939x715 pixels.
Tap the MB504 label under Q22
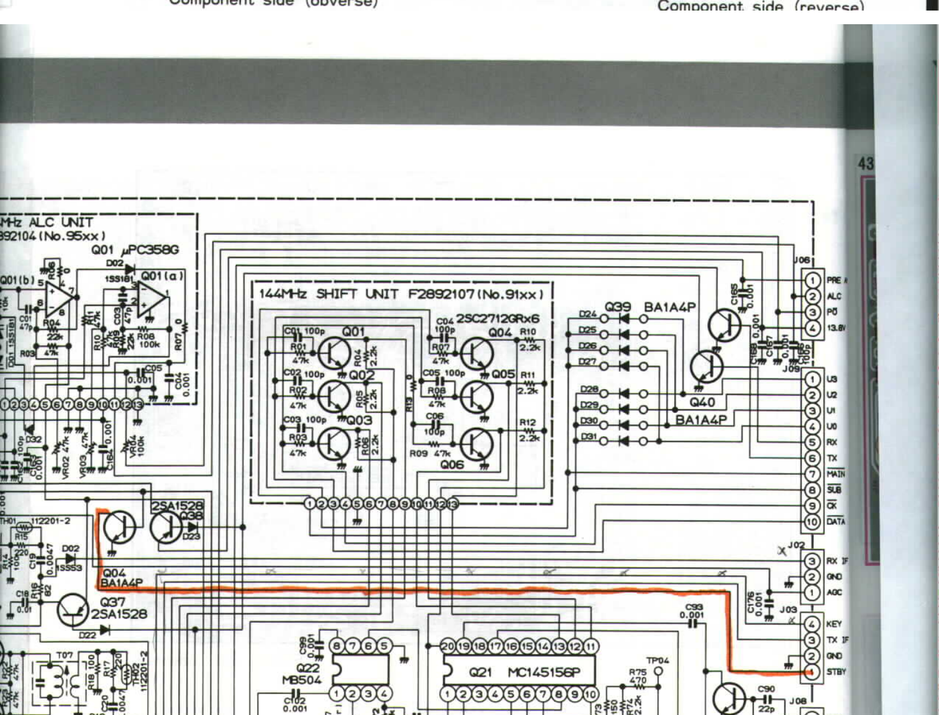pyautogui.click(x=302, y=680)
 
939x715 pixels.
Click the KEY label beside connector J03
pyautogui.click(x=833, y=624)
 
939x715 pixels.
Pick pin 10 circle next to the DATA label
pyautogui.click(x=812, y=521)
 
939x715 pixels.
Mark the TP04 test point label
pyautogui.click(x=657, y=660)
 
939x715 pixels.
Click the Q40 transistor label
pyautogui.click(x=702, y=402)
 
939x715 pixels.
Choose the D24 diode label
pyautogui.click(x=587, y=314)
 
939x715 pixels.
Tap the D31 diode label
pyautogui.click(x=588, y=438)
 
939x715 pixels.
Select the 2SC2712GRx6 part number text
pyautogui.click(x=497, y=318)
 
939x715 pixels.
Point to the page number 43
pyautogui.click(x=865, y=163)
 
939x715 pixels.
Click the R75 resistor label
pyautogui.click(x=638, y=672)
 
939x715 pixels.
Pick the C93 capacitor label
pyautogui.click(x=694, y=607)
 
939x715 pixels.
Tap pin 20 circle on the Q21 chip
pyautogui.click(x=448, y=646)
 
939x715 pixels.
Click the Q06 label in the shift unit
pyautogui.click(x=451, y=464)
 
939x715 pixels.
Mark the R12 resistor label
pyautogui.click(x=527, y=422)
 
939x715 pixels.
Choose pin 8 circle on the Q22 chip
pyautogui.click(x=337, y=646)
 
